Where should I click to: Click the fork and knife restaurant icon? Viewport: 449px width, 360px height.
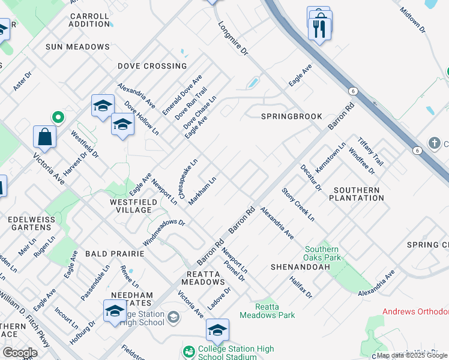(319, 28)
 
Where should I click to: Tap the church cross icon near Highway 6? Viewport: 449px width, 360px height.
(435, 143)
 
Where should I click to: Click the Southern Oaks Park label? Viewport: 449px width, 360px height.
(322, 253)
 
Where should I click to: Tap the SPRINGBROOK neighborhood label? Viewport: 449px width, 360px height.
(291, 116)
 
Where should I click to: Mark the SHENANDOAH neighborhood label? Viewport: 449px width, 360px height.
(292, 266)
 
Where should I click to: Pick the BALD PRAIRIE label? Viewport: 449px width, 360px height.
(115, 254)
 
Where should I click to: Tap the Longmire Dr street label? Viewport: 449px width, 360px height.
(233, 39)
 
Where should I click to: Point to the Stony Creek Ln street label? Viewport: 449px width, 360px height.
(298, 204)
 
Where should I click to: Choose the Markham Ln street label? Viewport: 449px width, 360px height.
(202, 191)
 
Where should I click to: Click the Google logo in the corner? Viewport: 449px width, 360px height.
(20, 353)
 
